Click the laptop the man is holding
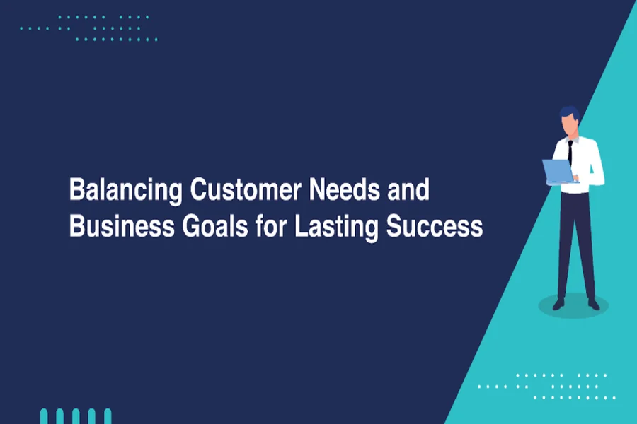(558, 171)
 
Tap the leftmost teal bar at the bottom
(44, 416)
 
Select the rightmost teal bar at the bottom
(108, 416)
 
